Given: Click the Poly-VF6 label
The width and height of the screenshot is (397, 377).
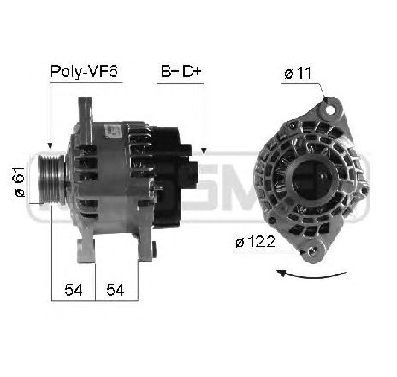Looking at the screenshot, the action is click(84, 71).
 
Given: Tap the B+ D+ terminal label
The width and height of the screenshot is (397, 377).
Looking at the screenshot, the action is click(181, 71).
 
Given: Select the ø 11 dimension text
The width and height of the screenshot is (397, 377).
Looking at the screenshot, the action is click(298, 74).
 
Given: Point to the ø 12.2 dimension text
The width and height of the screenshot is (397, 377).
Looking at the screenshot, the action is click(255, 242).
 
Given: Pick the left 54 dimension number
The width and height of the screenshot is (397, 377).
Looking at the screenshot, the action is click(74, 290).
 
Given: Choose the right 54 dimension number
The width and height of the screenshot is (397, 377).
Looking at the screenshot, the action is click(116, 290).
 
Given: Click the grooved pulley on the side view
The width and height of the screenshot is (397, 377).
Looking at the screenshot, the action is click(51, 180).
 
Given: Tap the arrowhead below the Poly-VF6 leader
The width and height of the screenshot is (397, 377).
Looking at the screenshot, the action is click(50, 146).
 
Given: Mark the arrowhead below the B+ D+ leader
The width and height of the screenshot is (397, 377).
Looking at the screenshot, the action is click(204, 151).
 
